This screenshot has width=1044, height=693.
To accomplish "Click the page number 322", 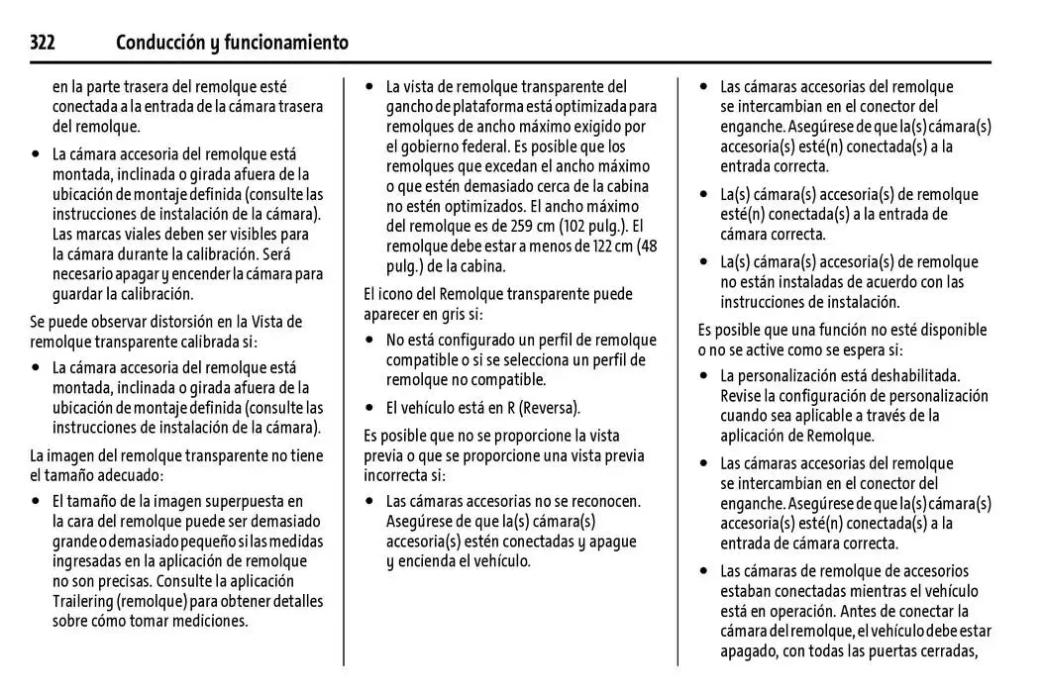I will (42, 43).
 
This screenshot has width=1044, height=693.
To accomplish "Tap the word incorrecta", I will (397, 475).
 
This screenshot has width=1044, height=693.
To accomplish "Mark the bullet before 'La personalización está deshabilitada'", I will (704, 376).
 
